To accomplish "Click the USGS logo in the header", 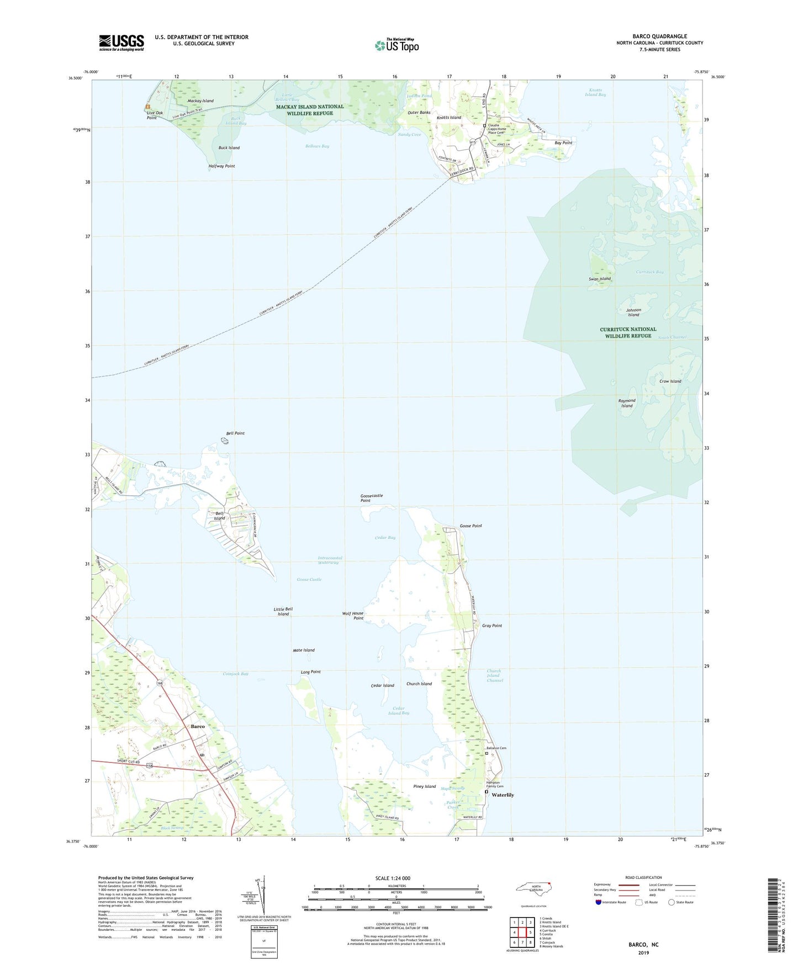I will coord(121,43).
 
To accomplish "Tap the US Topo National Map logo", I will coord(397,45).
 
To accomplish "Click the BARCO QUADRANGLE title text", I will coord(659,36).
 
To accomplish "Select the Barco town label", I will coord(198,727).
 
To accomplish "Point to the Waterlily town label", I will coord(503,795).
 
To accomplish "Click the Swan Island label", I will coord(600,279).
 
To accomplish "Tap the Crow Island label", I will coord(670,382).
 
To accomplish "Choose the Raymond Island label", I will coord(626,403).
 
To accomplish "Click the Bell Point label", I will coord(235,433).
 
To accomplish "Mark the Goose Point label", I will coord(471,526).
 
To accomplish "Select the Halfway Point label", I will coord(221,166).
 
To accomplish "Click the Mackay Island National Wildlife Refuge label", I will coord(310,110).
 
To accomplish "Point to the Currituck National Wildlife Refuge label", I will coord(628,332).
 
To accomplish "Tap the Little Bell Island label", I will coord(283,611).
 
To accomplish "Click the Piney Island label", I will coord(425,786).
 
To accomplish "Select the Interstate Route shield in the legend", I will coord(599,902).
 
